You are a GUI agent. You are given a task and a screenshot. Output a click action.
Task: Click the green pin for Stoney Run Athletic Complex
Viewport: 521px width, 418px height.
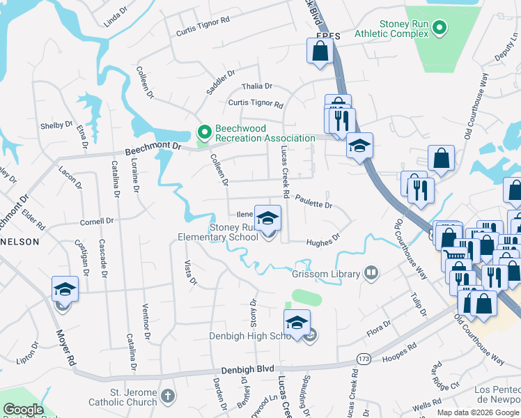(439, 28)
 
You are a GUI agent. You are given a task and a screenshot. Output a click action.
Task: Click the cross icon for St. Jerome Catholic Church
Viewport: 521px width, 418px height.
(166, 396)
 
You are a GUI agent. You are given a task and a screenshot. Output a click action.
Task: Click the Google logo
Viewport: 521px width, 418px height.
(23, 410)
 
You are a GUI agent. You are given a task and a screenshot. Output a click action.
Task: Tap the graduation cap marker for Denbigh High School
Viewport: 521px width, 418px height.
(297, 323)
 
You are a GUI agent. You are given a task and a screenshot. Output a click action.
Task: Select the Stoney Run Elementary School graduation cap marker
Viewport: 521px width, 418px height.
(267, 219)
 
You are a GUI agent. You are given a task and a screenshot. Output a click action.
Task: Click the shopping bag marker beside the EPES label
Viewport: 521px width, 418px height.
(320, 51)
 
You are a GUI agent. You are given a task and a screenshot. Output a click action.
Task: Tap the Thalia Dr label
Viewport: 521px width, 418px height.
(256, 86)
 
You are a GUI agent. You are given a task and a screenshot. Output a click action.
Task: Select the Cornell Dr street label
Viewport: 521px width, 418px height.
(96, 222)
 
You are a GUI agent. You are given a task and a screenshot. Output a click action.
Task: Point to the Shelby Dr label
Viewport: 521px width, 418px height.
(56, 125)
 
